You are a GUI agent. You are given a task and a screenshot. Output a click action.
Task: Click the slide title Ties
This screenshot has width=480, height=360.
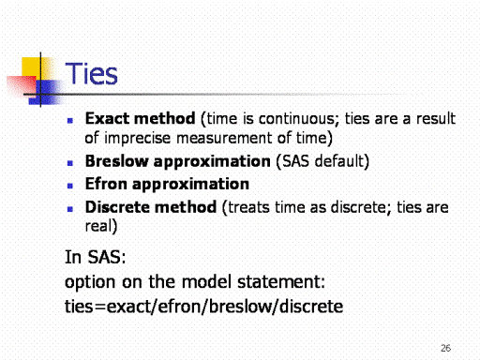pyautogui.click(x=91, y=74)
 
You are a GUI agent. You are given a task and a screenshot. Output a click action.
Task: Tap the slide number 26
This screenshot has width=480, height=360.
pyautogui.click(x=445, y=348)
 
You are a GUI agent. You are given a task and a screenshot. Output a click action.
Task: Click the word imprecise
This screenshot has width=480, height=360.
pyautogui.click(x=137, y=138)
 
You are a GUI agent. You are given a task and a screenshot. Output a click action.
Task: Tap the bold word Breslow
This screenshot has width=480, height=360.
pyautogui.click(x=116, y=161)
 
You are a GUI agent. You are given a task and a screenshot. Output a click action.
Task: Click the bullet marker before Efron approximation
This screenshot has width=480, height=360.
pyautogui.click(x=70, y=186)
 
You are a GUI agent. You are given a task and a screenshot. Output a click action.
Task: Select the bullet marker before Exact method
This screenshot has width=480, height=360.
pyautogui.click(x=70, y=120)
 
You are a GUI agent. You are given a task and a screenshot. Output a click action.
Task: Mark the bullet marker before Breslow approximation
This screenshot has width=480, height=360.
pyautogui.click(x=70, y=163)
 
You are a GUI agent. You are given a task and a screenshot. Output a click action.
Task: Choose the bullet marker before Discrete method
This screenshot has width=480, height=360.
pyautogui.click(x=70, y=209)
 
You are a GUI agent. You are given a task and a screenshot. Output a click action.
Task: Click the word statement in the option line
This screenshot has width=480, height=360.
pyautogui.click(x=281, y=281)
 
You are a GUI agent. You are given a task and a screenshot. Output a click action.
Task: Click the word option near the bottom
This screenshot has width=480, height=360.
pyautogui.click(x=90, y=282)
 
